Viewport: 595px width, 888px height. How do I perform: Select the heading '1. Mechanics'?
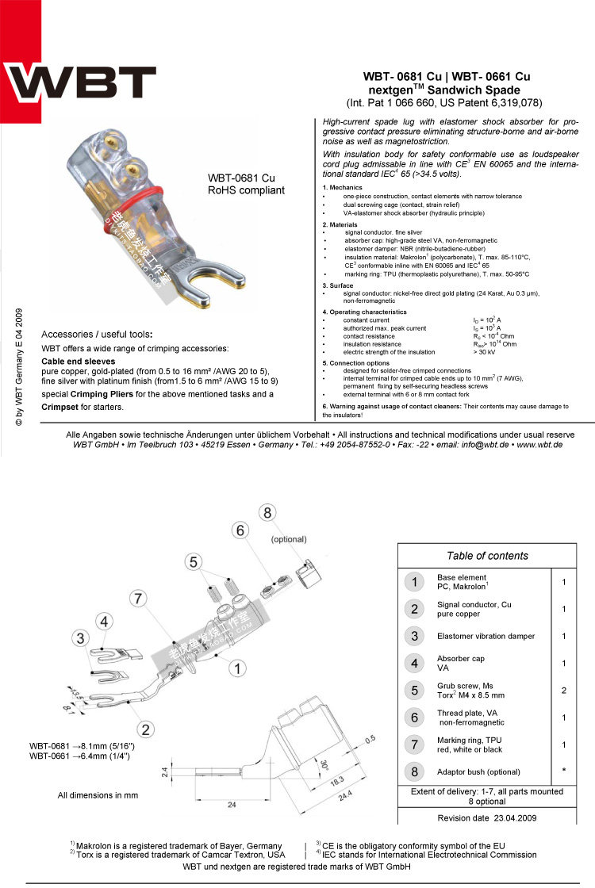[342, 187]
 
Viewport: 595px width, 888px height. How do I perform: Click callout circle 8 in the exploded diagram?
[267, 514]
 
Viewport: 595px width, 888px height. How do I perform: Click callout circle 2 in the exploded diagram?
[145, 729]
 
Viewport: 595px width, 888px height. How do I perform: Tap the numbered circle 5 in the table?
[414, 690]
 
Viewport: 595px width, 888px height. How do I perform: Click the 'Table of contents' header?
[487, 556]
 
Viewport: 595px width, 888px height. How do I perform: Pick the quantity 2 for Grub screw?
[563, 690]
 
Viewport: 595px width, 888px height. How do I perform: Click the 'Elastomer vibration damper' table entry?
[486, 636]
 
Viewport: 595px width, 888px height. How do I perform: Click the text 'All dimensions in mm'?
[98, 794]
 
